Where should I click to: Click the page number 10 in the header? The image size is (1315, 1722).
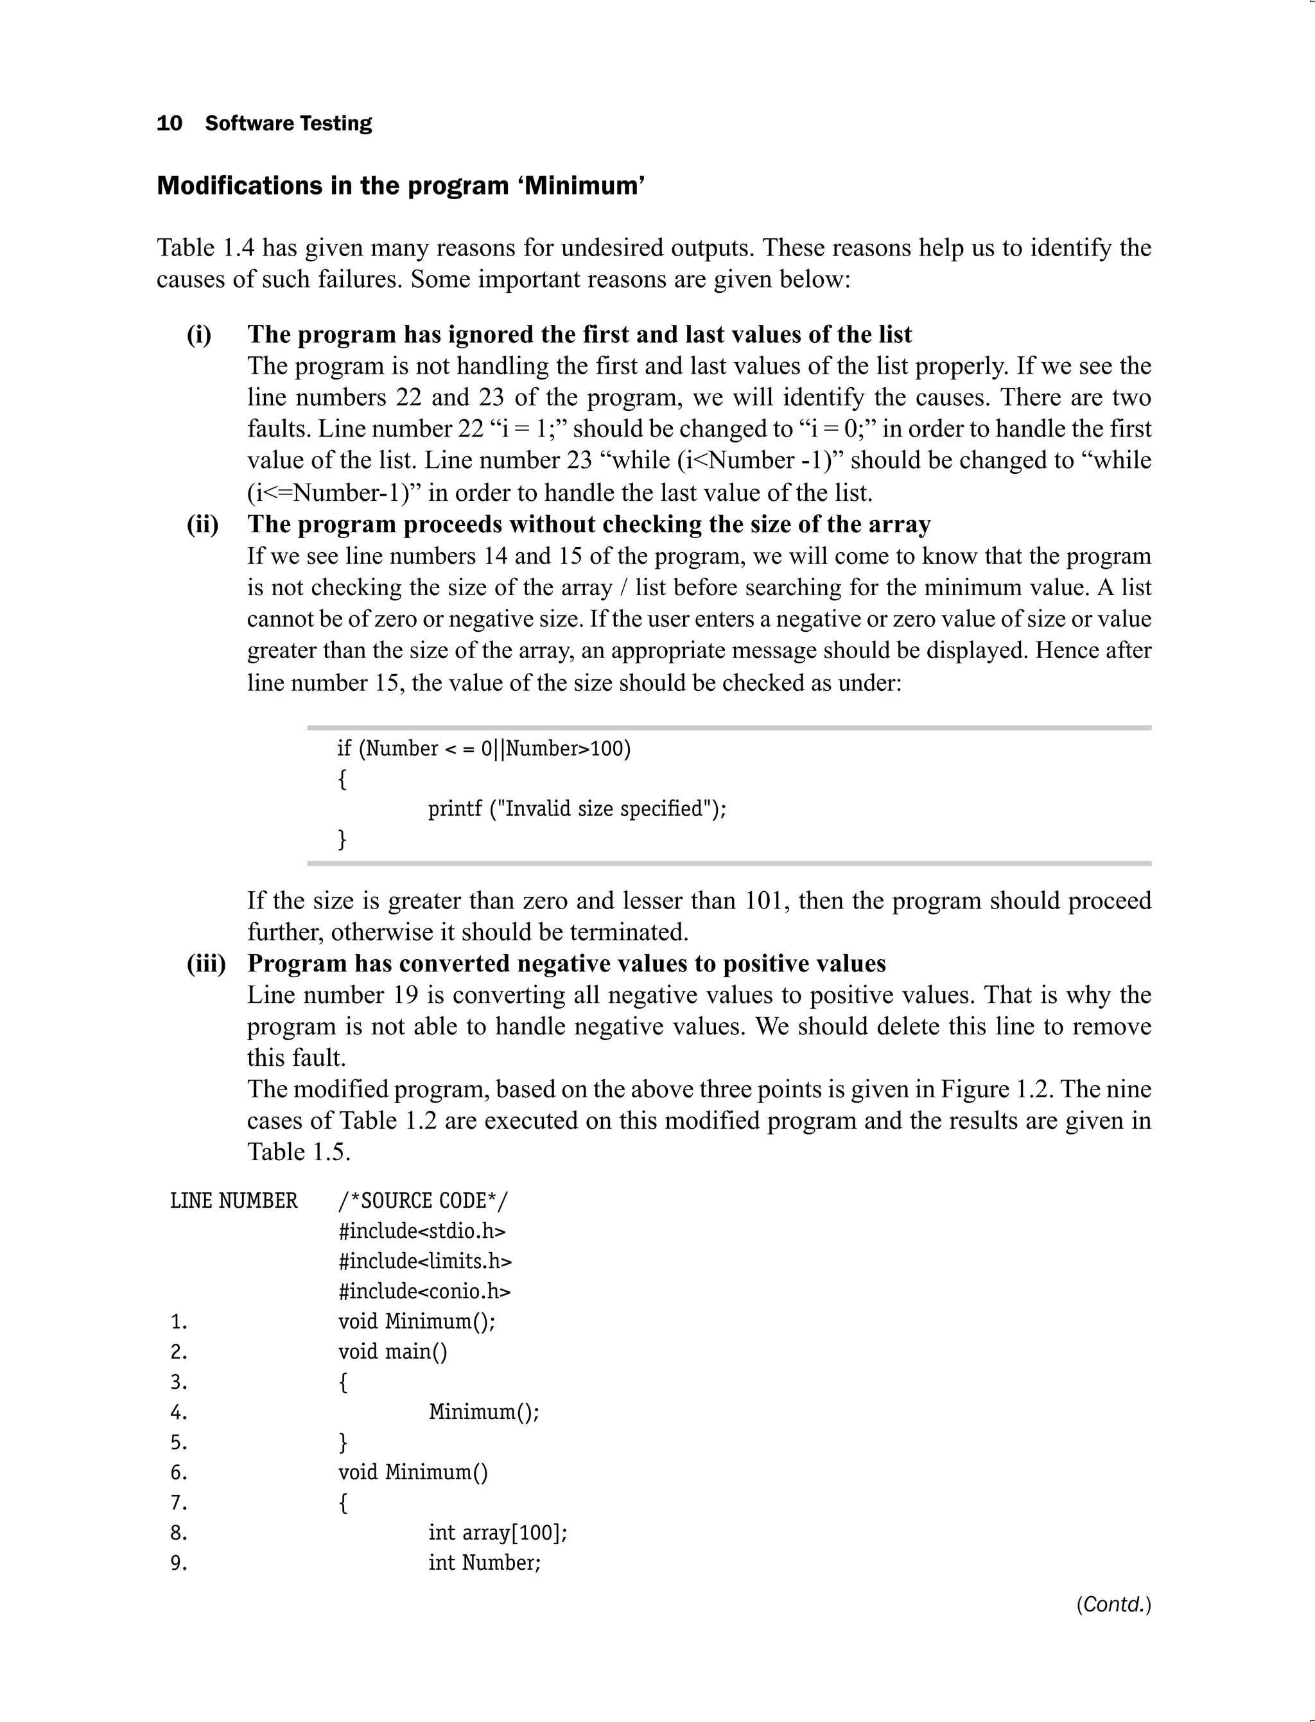(x=169, y=124)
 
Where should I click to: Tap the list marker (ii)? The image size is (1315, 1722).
(x=202, y=525)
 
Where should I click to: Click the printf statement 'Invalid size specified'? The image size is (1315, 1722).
(x=577, y=808)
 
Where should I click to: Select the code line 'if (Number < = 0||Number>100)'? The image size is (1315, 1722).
(x=483, y=749)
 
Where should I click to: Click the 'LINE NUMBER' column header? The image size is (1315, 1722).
(x=234, y=1201)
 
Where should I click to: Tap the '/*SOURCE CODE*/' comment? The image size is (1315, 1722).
(x=422, y=1201)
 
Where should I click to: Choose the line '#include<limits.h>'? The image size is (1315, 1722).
(x=425, y=1262)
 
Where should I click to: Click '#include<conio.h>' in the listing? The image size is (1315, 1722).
(x=424, y=1292)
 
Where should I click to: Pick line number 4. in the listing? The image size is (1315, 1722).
(x=179, y=1413)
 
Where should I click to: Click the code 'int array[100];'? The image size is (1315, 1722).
(x=497, y=1533)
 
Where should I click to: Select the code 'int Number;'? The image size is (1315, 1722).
(x=485, y=1563)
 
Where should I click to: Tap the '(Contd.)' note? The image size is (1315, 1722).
(x=1113, y=1605)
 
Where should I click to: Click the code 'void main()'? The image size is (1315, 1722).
(x=392, y=1352)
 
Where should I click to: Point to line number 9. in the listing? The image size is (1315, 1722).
(x=179, y=1564)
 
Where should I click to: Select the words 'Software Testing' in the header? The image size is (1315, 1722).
(x=288, y=124)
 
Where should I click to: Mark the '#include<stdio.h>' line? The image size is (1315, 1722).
(x=422, y=1232)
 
